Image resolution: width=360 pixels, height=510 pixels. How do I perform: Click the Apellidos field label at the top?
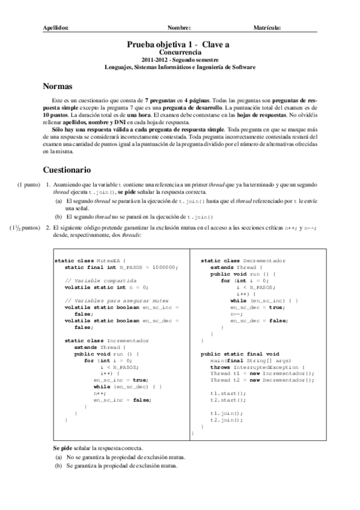coord(56,28)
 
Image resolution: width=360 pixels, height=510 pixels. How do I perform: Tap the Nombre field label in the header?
coord(180,28)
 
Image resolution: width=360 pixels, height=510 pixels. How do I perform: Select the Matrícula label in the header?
coord(267,28)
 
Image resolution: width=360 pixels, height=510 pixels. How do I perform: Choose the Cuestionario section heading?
coord(67,170)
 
